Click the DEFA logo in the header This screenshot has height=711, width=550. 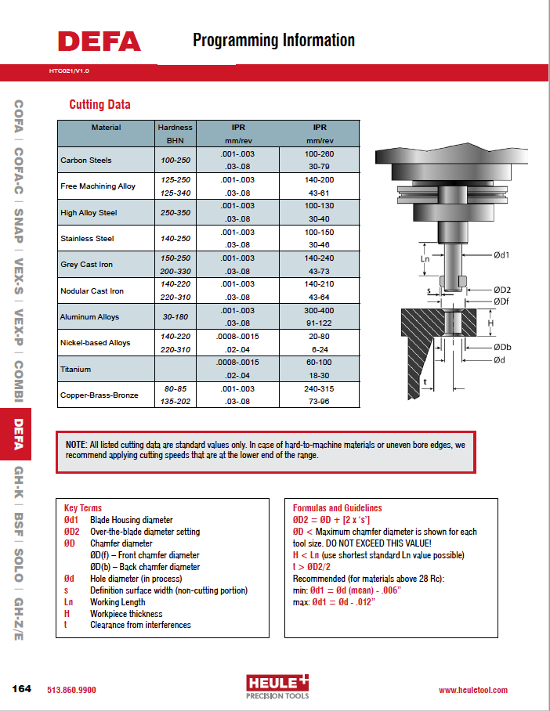(x=99, y=42)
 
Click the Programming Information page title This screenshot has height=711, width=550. (x=273, y=40)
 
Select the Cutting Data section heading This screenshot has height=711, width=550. (x=100, y=105)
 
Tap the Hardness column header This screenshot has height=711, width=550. (x=175, y=127)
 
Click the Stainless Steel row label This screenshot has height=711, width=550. (x=87, y=238)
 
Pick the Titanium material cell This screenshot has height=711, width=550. (x=76, y=369)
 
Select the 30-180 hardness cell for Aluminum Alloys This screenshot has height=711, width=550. (x=175, y=316)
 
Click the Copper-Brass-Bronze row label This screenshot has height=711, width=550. (x=99, y=395)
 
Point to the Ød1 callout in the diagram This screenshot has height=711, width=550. (x=502, y=255)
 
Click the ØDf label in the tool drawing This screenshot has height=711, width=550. (x=502, y=301)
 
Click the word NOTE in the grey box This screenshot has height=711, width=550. (x=77, y=445)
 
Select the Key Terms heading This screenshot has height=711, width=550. (x=83, y=507)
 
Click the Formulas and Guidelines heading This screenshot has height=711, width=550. (x=337, y=507)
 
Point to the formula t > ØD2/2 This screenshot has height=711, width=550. (x=315, y=567)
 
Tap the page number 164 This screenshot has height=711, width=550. (x=21, y=689)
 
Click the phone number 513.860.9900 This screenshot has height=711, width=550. (x=72, y=690)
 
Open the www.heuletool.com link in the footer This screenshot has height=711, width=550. (x=472, y=690)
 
